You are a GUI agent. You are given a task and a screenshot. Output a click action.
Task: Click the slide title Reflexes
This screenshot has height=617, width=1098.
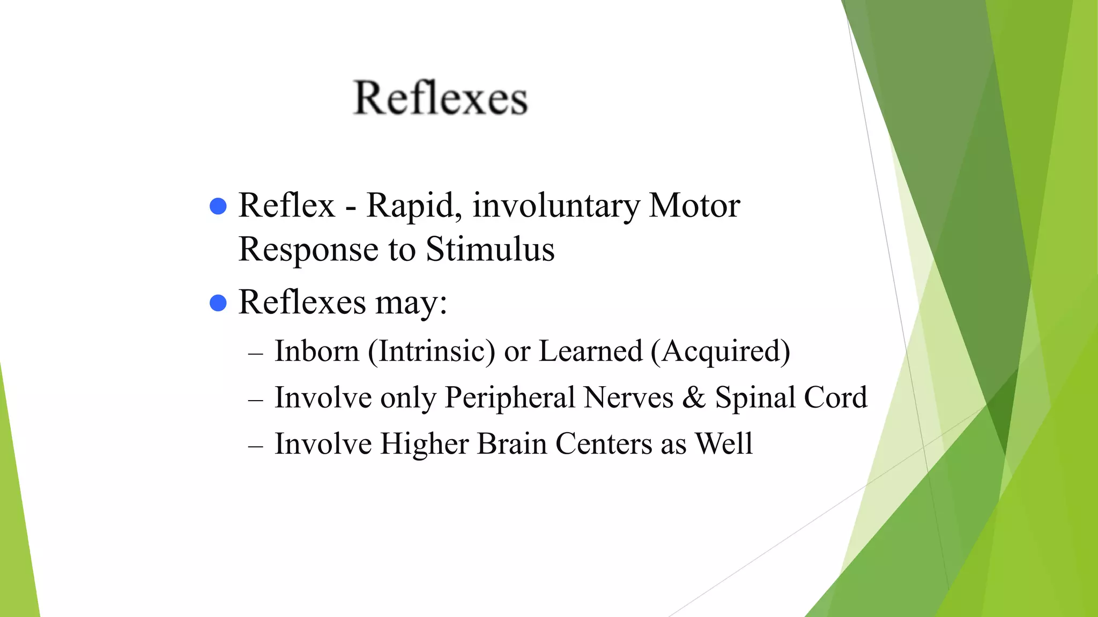pos(441,98)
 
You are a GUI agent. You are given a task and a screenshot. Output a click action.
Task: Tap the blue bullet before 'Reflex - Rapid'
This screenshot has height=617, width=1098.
pos(218,206)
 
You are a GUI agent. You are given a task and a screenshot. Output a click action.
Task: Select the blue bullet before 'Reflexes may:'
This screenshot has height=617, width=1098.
pos(218,303)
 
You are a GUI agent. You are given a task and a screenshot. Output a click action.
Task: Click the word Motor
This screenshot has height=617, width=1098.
pos(694,205)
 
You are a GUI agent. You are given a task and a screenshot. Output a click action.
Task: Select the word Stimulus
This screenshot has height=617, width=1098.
pos(490,250)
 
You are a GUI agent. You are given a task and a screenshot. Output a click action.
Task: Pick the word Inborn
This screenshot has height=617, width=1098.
pos(316,351)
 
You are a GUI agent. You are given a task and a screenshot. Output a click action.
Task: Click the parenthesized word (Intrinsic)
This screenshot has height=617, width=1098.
pos(431,352)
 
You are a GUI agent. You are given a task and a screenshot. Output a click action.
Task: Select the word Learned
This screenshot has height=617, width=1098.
pos(590,351)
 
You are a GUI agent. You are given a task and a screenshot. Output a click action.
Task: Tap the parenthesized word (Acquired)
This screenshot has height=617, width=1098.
pos(720,352)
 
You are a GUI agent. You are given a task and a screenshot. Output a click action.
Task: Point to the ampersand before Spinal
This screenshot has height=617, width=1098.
pos(694,398)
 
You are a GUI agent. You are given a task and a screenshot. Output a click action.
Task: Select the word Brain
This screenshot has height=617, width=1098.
pos(511,444)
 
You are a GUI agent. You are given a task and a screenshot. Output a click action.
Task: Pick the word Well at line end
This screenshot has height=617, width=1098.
pos(724,444)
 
